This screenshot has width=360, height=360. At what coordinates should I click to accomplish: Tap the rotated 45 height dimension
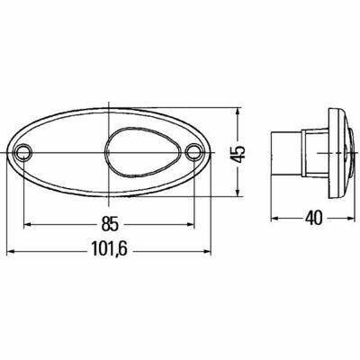click(x=238, y=154)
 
